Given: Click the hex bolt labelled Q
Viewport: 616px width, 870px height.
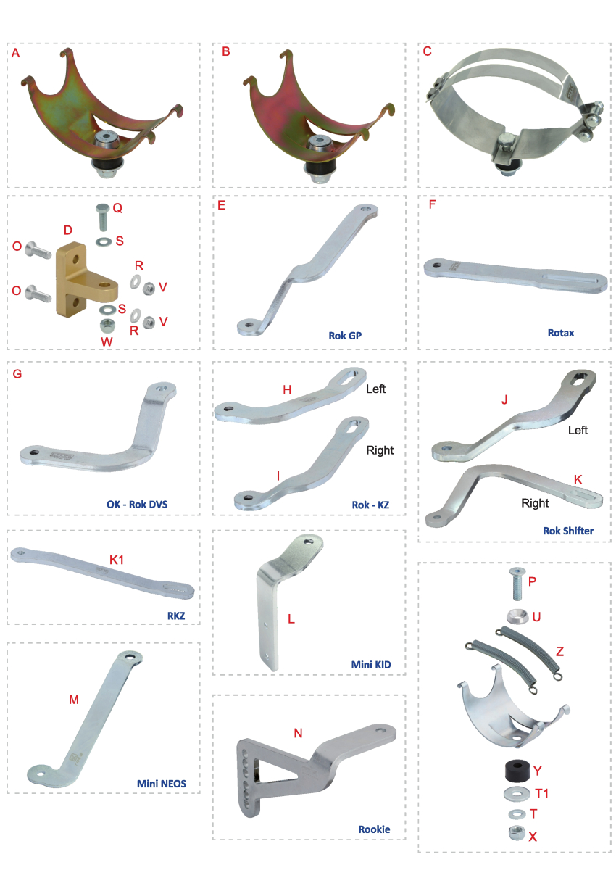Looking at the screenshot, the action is point(102,217).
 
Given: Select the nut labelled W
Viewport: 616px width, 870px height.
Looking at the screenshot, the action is point(106,325).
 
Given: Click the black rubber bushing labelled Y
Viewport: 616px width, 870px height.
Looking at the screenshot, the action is point(517,771).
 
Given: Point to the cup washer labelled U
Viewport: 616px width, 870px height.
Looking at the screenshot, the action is point(517,616).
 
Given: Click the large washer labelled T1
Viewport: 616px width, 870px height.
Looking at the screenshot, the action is point(516,793).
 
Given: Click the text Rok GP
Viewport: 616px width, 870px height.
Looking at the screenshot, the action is point(345,336).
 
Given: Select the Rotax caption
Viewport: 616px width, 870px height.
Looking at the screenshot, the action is point(560,333).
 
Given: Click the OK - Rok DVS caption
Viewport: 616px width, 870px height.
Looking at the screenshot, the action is point(137,505).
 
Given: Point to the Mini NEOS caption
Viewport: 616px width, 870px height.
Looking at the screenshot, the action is point(162,784).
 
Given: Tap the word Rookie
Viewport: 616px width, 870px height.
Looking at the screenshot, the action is point(374,829).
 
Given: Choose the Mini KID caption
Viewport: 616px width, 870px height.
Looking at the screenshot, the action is point(371,665).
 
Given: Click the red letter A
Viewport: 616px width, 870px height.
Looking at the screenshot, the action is point(15,53).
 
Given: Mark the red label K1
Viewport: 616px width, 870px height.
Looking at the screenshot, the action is point(117,560).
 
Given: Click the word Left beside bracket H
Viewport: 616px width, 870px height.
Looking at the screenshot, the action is point(375,389).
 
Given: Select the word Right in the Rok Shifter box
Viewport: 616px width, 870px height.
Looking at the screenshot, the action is point(535,503).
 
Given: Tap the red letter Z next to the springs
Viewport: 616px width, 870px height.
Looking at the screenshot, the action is point(559,651).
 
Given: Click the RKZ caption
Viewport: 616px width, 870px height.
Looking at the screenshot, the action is point(176,616).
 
